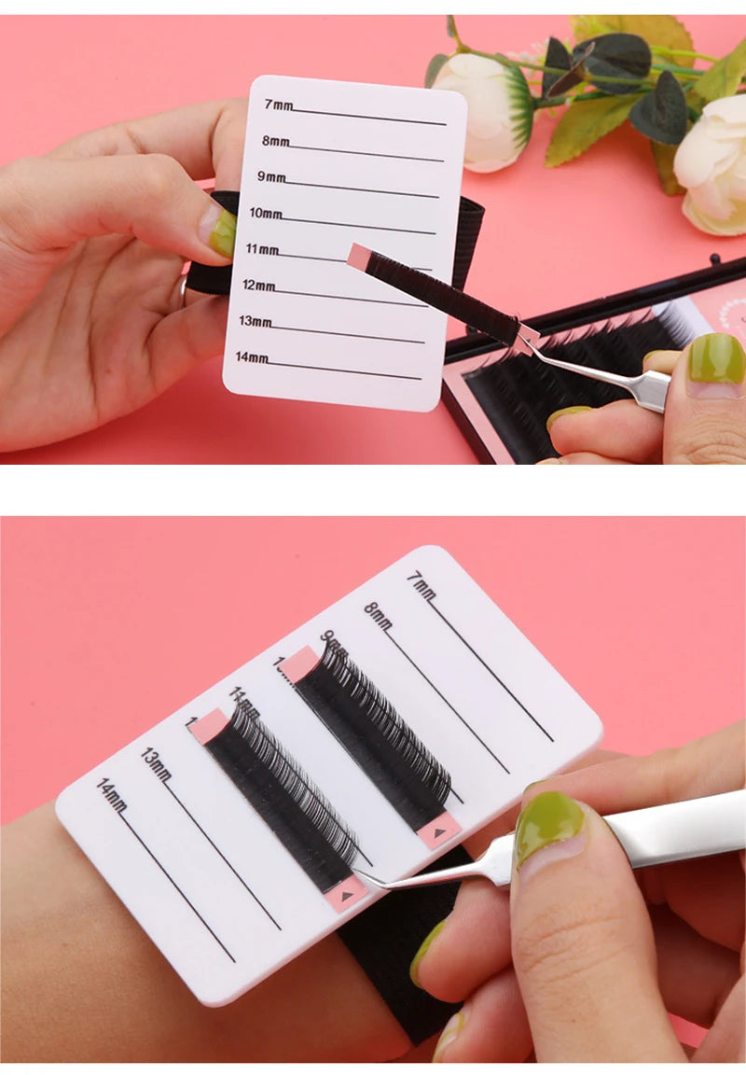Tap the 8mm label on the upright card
tap(275, 142)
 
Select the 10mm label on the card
tap(265, 214)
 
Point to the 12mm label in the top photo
tap(258, 286)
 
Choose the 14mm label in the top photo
tap(251, 357)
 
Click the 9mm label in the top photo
tap(271, 177)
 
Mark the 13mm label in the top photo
tap(255, 322)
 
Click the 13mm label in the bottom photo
tap(157, 763)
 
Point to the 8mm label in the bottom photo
tap(378, 616)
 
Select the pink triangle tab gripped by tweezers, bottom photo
tap(348, 893)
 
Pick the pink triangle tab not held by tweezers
tap(439, 829)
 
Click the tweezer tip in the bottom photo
tap(358, 873)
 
